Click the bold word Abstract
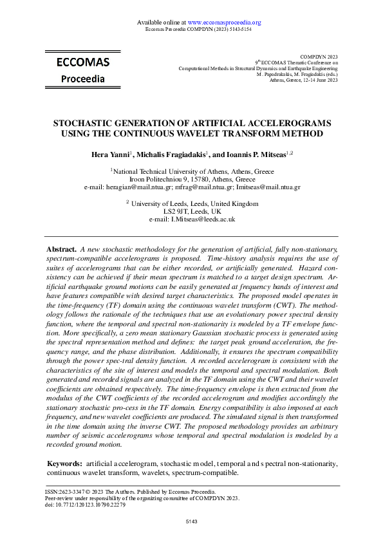tap(62, 248)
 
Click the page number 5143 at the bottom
tap(192, 520)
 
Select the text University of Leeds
tap(169, 203)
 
